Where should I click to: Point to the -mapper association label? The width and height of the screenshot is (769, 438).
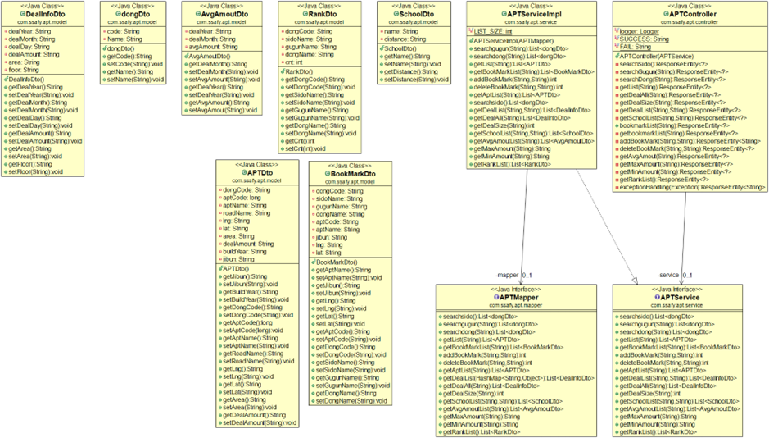[x=507, y=275]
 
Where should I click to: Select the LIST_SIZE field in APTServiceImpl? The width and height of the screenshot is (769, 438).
[x=494, y=30]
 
